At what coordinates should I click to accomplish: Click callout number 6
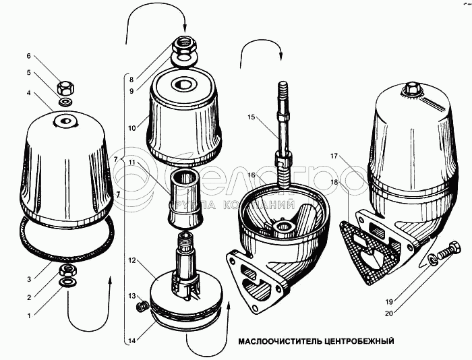pos(29,55)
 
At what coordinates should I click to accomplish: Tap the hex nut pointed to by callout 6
pos(67,88)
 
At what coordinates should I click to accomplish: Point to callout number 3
pos(28,278)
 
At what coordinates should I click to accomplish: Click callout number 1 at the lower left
pos(28,314)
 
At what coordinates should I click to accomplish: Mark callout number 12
pos(133,260)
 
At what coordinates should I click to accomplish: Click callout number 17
pos(333,156)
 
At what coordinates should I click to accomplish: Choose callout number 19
pos(388,301)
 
